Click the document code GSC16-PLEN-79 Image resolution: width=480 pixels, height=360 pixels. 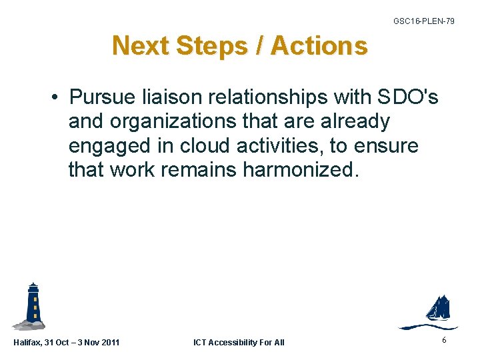[424, 21]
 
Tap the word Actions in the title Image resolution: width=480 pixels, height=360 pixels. [319, 46]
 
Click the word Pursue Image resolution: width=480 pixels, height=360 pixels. [101, 98]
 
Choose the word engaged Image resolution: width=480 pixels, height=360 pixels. [111, 146]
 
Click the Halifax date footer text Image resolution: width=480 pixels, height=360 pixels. [67, 343]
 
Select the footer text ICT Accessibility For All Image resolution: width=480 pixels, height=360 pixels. [239, 343]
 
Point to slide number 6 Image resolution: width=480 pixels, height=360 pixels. [444, 341]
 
